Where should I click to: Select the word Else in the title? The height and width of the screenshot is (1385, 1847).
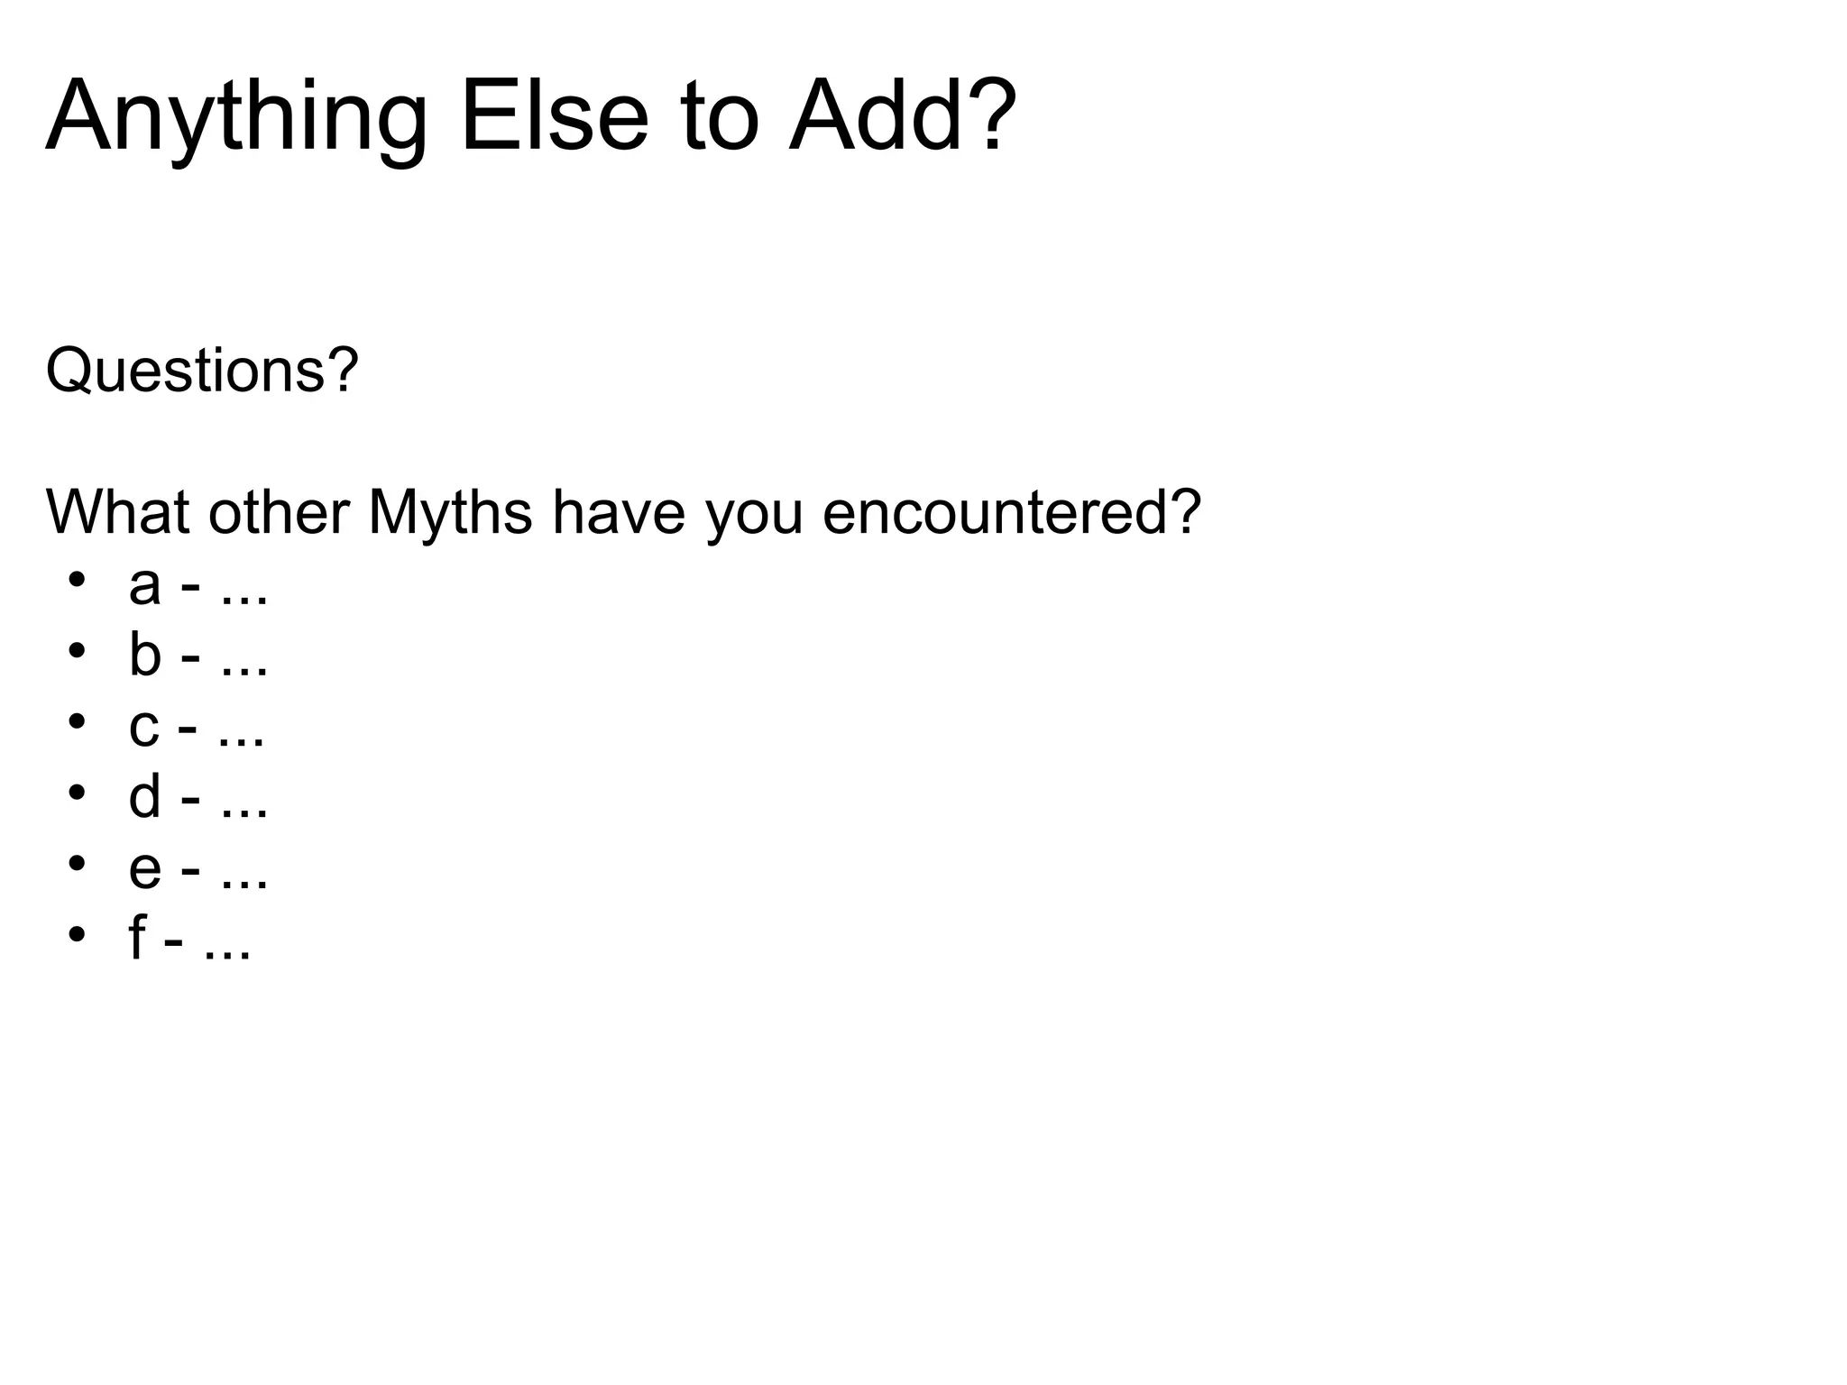click(554, 117)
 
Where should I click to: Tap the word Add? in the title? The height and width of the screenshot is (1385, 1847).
click(903, 117)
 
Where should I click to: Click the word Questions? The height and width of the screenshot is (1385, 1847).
click(202, 371)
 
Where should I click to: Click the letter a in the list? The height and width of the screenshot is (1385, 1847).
click(144, 586)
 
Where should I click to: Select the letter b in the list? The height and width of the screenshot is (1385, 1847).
click(144, 655)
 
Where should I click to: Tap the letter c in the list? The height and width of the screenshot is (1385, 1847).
click(143, 727)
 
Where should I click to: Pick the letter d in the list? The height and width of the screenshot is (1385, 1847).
click(144, 796)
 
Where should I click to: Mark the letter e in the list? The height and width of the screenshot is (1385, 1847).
click(144, 868)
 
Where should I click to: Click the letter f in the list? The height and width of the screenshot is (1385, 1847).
click(137, 938)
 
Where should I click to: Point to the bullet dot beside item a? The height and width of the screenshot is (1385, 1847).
click(77, 579)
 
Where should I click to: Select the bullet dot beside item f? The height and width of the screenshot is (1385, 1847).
click(77, 932)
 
